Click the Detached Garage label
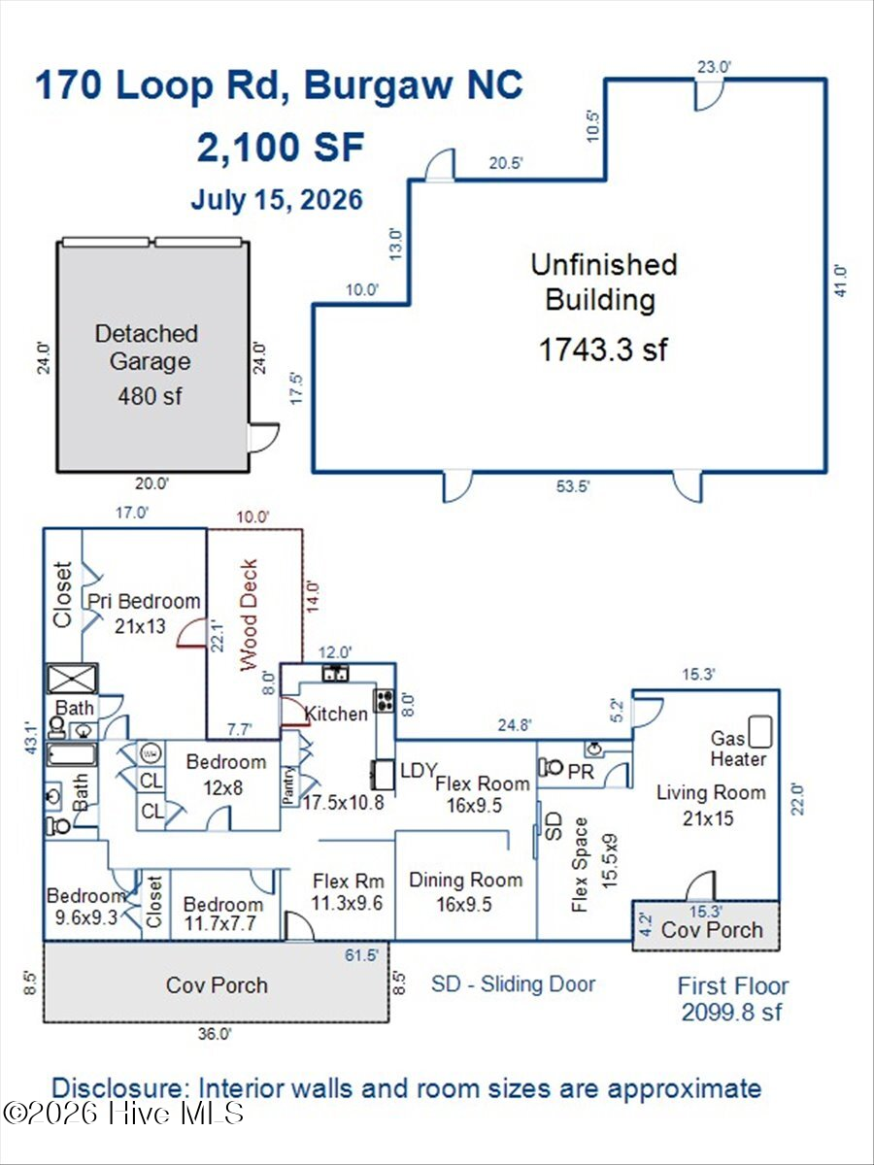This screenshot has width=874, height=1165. (147, 348)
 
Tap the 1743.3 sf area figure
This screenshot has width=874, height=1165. (604, 349)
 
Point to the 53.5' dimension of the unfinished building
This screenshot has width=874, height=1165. (573, 486)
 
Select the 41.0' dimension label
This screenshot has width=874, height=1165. (841, 281)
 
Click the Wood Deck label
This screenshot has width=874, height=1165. (248, 615)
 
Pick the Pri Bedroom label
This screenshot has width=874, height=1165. (144, 601)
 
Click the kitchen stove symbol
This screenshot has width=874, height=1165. (385, 700)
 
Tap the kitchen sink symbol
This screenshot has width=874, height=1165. (336, 674)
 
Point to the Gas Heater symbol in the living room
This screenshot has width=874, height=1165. (760, 732)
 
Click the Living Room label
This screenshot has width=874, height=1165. (711, 793)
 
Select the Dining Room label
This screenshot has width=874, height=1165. (465, 880)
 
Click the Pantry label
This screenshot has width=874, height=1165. (288, 785)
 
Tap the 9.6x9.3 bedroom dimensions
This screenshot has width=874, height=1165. (86, 917)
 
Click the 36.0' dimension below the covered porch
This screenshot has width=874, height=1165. (215, 1034)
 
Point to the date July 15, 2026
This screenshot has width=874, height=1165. (277, 200)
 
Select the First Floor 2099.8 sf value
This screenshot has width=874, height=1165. (731, 1013)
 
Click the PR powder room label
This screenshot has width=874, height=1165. (581, 772)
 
